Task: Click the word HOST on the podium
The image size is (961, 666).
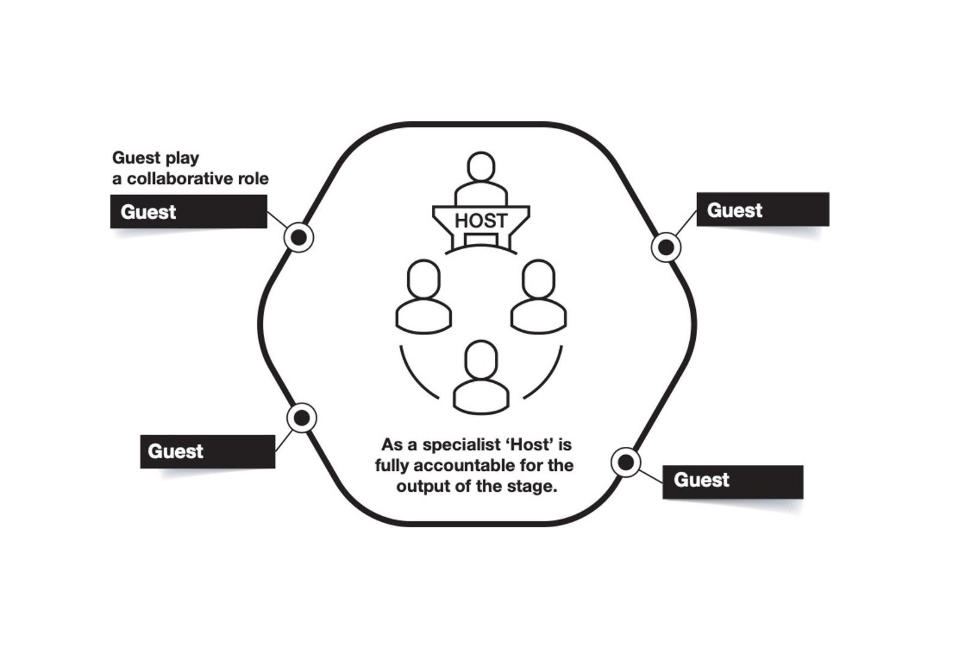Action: pyautogui.click(x=480, y=221)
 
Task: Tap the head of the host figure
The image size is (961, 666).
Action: pyautogui.click(x=480, y=166)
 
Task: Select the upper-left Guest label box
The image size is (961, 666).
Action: pyautogui.click(x=188, y=211)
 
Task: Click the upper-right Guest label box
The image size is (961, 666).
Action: pyautogui.click(x=762, y=210)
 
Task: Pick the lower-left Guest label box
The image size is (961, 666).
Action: pyautogui.click(x=208, y=451)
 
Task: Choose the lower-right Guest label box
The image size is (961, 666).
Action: pyautogui.click(x=732, y=481)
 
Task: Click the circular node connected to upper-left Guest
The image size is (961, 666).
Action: pyautogui.click(x=299, y=237)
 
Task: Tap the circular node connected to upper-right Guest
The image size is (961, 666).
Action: pyautogui.click(x=666, y=247)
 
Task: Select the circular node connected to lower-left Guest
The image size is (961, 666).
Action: pyautogui.click(x=302, y=417)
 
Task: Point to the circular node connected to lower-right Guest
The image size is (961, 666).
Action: pyautogui.click(x=626, y=462)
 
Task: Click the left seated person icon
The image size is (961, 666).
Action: pyautogui.click(x=424, y=297)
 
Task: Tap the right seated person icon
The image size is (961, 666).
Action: pyautogui.click(x=538, y=297)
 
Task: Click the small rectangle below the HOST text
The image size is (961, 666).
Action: pyautogui.click(x=480, y=240)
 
